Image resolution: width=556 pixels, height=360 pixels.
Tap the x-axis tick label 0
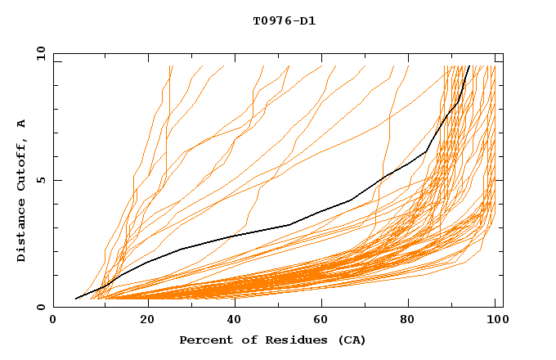pyautogui.click(x=53, y=321)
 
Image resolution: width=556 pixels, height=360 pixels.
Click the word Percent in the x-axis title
pyautogui.click(x=204, y=340)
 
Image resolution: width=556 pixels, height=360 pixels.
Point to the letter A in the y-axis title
pyautogui.click(x=22, y=124)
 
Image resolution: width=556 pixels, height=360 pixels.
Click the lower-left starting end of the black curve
pyautogui.click(x=76, y=299)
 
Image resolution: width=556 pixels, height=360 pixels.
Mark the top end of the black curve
pyautogui.click(x=469, y=65)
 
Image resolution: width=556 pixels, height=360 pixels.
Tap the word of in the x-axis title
pyautogui.click(x=246, y=340)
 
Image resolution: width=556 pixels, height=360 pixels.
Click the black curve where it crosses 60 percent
pyautogui.click(x=320, y=211)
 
